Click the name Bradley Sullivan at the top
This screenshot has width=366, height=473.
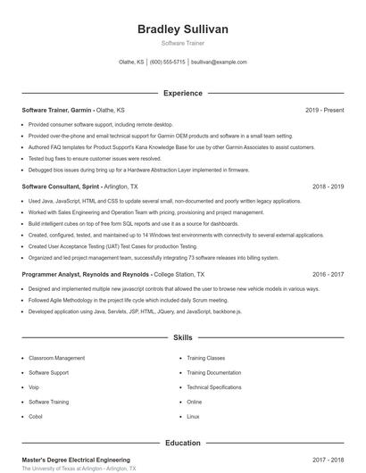click(182, 29)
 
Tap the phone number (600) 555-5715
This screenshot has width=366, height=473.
click(168, 62)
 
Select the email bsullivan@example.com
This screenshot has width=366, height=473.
click(219, 62)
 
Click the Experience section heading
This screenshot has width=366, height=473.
click(182, 93)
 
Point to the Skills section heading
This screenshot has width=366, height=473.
click(182, 338)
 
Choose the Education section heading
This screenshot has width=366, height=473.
click(182, 443)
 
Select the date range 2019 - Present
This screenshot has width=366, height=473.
click(324, 110)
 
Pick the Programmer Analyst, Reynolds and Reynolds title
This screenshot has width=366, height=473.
click(86, 275)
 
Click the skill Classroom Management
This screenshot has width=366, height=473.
click(56, 358)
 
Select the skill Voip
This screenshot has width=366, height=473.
click(34, 387)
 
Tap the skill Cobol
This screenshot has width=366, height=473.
click(36, 417)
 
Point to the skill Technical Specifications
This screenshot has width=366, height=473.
click(213, 387)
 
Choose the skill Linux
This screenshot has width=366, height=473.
click(193, 417)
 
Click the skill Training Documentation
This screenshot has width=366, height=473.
click(213, 372)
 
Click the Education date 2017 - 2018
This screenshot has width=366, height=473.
click(328, 460)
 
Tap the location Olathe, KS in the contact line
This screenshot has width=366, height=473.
click(131, 62)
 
